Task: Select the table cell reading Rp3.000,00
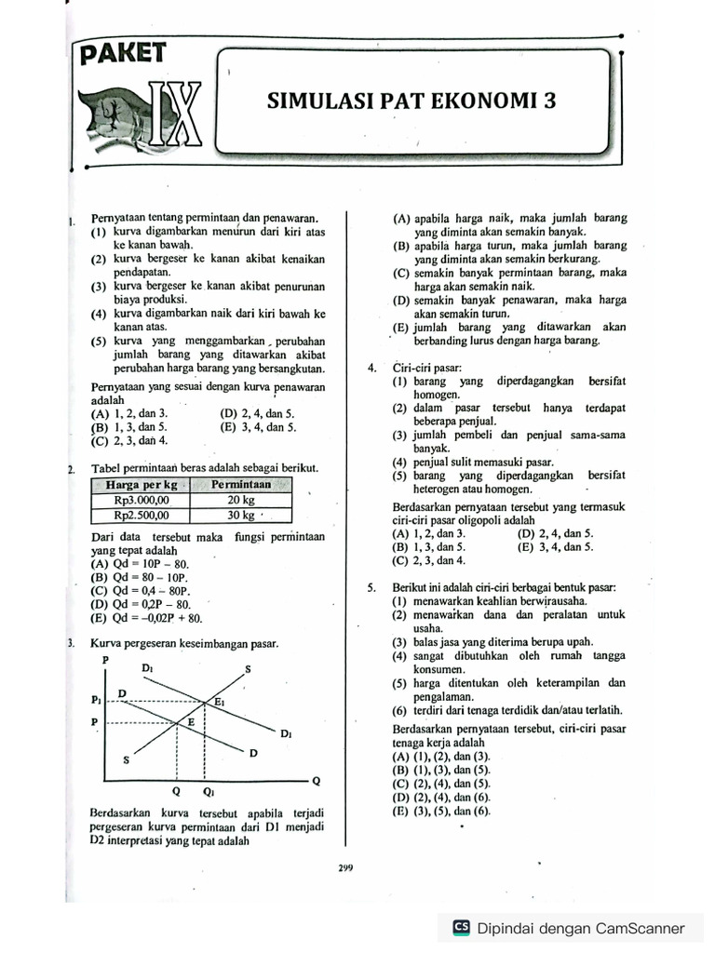coord(140,499)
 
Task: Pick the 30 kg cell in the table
coord(240,515)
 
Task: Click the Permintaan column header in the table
coord(240,485)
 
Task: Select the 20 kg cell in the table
coord(240,499)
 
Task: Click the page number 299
coord(346,868)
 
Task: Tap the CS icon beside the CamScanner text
coord(460,927)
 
